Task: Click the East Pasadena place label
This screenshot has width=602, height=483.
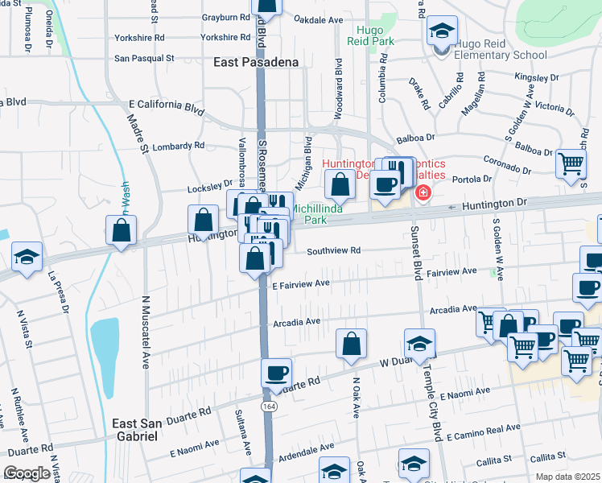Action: click(x=255, y=62)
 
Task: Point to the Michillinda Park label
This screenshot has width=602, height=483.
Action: click(x=320, y=213)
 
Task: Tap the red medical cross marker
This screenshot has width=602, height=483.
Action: click(x=422, y=194)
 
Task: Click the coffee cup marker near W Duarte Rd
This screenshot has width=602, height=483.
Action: click(x=276, y=372)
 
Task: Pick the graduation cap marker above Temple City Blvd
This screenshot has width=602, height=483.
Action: click(x=419, y=343)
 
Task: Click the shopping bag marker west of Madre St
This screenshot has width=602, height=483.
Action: click(x=121, y=230)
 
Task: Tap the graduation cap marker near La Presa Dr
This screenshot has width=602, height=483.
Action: click(x=27, y=258)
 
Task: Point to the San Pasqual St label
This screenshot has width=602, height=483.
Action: click(x=144, y=58)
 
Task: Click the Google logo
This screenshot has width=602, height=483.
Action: click(x=27, y=473)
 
